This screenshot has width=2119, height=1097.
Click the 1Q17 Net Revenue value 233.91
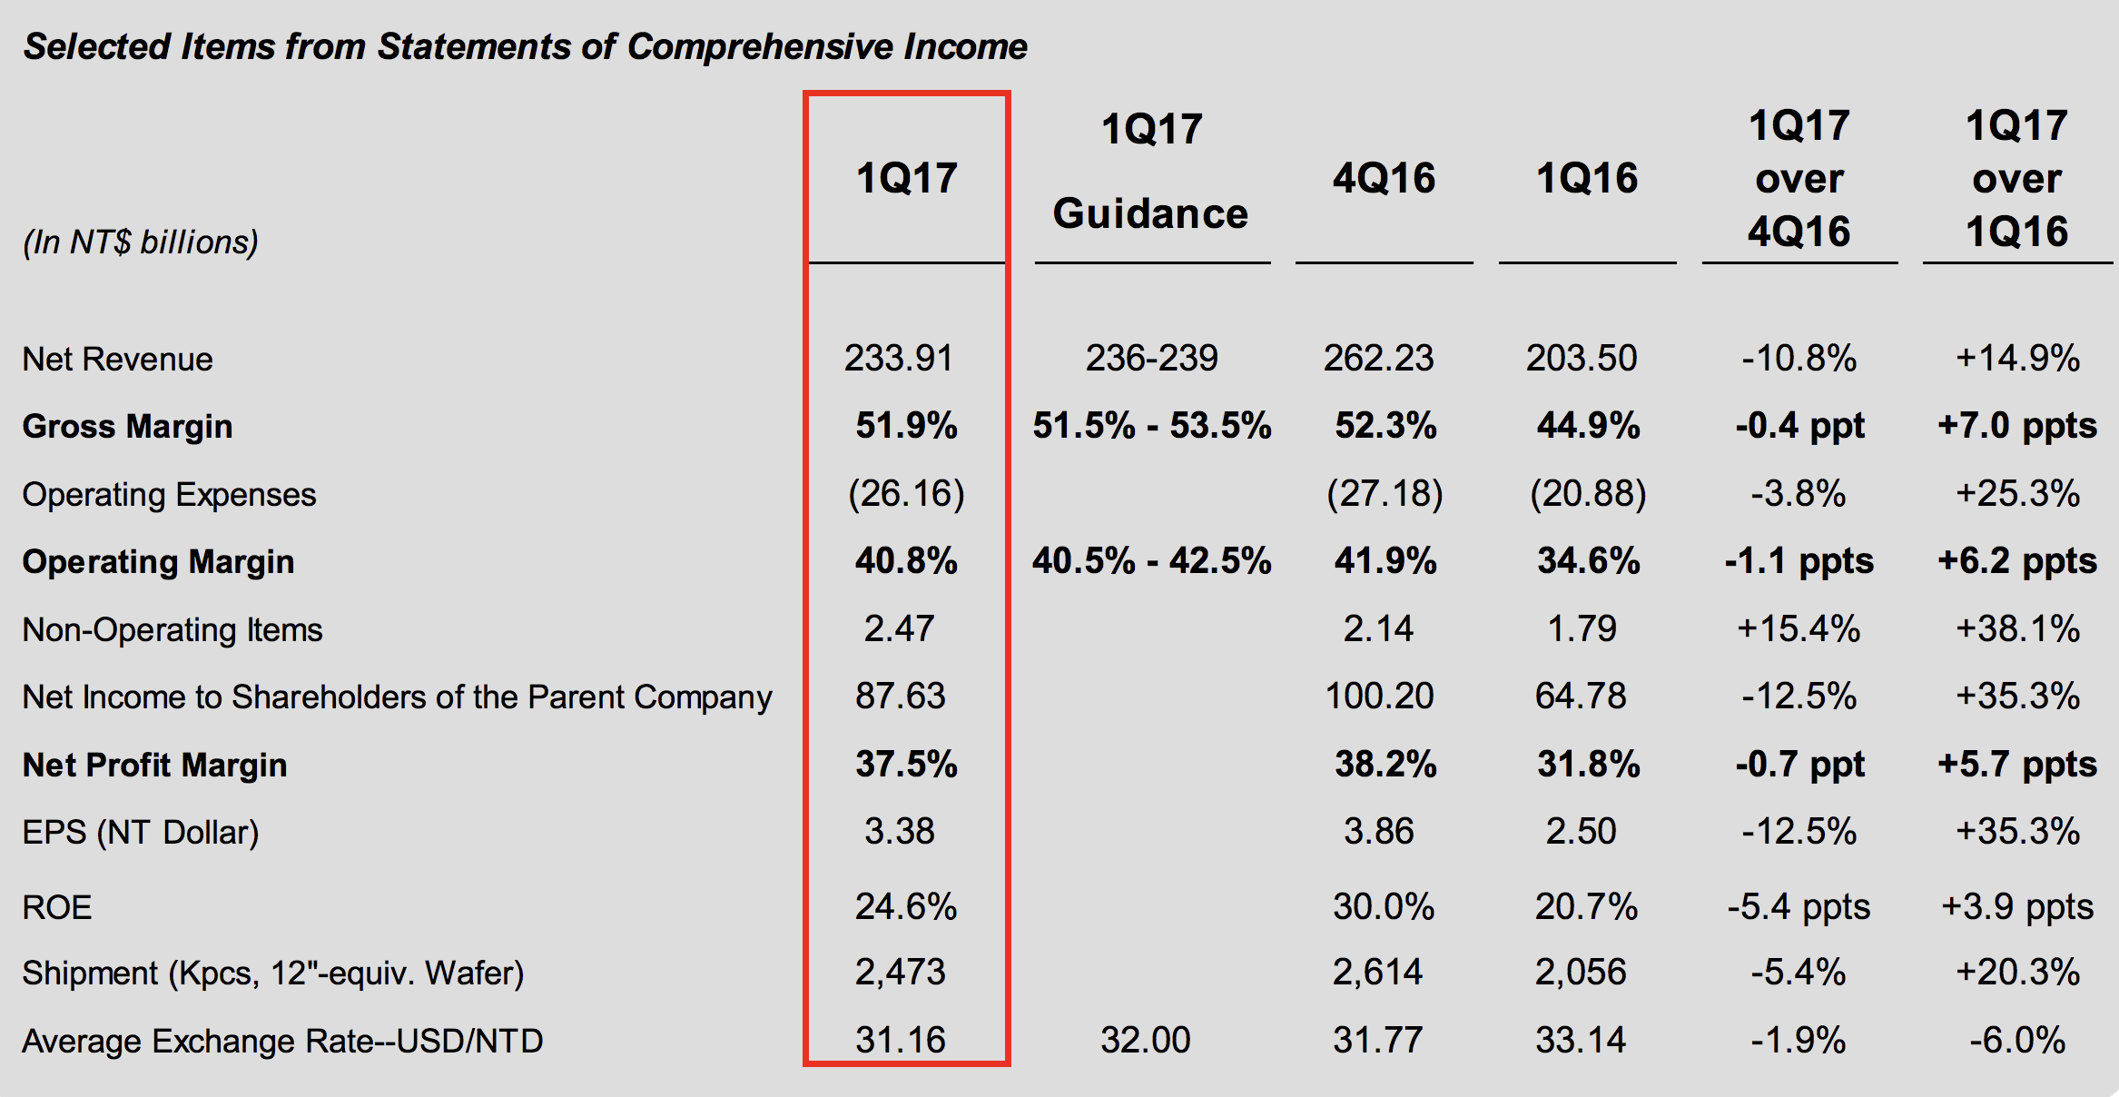[x=898, y=358]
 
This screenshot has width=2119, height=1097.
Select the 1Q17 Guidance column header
[x=1151, y=172]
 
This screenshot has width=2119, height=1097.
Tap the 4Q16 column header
[x=1384, y=178]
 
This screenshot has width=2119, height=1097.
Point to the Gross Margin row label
[x=127, y=426]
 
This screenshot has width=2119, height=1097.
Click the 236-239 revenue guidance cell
[x=1151, y=358]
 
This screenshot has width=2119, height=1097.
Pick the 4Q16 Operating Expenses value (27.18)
[x=1384, y=494]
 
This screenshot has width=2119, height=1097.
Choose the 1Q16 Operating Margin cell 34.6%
[x=1588, y=561]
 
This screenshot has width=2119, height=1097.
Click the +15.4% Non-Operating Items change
[x=1798, y=628]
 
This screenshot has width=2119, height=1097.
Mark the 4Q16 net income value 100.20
[x=1379, y=697]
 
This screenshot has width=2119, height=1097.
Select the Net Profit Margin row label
[x=154, y=765]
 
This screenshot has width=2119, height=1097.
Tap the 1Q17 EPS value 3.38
[x=899, y=831]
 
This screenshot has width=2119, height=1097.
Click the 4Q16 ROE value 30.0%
[x=1383, y=906]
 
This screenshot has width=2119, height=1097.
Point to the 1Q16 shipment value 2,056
[x=1581, y=973]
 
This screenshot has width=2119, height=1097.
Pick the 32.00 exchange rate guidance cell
[x=1145, y=1040]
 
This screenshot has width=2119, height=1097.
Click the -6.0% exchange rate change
[x=2016, y=1040]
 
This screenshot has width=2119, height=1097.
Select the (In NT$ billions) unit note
[x=141, y=242]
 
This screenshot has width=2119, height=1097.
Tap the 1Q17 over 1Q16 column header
[x=2016, y=178]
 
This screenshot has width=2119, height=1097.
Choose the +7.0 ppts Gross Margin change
[x=2016, y=425]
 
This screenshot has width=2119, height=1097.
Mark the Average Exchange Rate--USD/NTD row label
[x=282, y=1041]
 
